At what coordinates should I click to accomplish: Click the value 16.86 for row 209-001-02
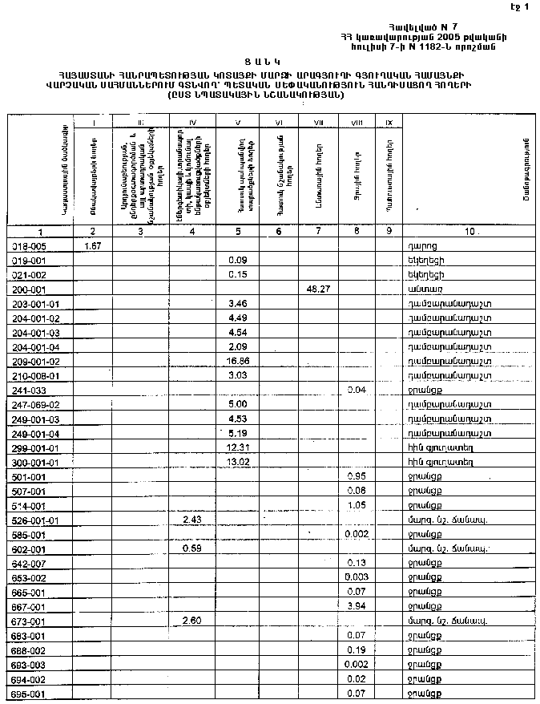click(x=237, y=361)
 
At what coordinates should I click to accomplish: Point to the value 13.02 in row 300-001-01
click(x=237, y=462)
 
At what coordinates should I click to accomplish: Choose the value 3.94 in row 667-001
click(x=356, y=606)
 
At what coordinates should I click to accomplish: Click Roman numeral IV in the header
click(x=191, y=123)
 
